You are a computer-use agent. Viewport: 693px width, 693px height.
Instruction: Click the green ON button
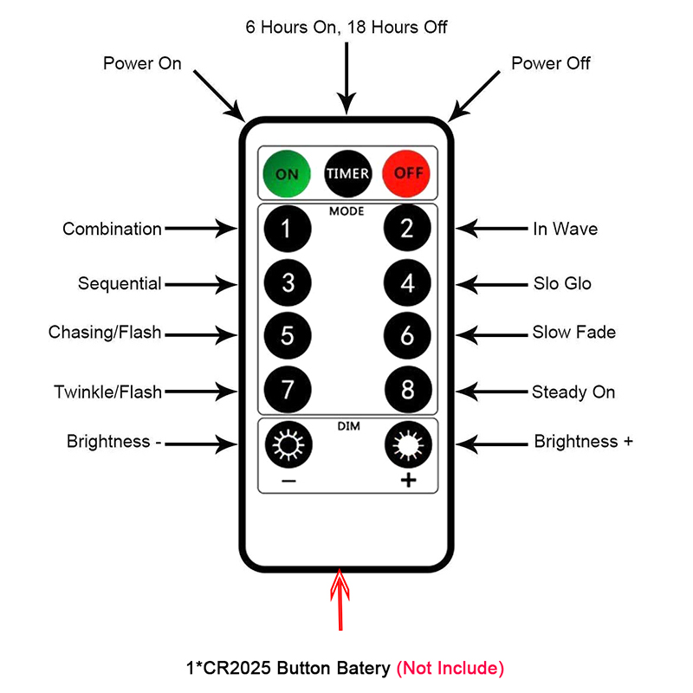(287, 172)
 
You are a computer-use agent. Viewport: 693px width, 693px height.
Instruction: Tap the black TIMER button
(347, 172)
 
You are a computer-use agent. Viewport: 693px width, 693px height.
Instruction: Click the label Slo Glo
(562, 283)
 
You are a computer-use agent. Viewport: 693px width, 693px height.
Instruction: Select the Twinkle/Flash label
(107, 392)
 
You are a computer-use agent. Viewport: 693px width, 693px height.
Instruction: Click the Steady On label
(573, 392)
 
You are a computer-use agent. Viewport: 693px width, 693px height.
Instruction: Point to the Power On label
(142, 63)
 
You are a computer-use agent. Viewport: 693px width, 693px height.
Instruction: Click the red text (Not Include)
(450, 668)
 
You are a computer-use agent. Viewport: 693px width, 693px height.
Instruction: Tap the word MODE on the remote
(346, 210)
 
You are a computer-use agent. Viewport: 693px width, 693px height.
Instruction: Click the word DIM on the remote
(346, 425)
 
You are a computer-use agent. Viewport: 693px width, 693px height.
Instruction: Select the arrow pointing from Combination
(200, 229)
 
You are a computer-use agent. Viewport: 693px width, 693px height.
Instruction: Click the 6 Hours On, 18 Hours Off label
(346, 27)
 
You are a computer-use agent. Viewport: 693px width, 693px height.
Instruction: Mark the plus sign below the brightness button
(408, 481)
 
